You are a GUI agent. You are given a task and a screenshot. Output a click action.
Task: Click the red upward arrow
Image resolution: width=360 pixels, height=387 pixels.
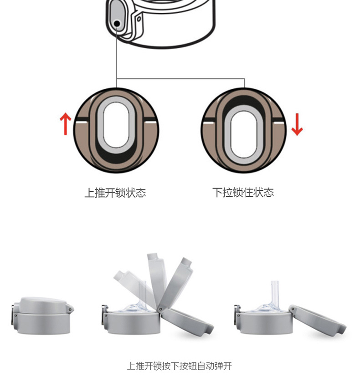pos(66,124)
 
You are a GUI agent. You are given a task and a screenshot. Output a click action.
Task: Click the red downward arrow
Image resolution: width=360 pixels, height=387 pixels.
pos(297,125)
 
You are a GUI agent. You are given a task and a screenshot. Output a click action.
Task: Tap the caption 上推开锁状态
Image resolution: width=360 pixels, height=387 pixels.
pos(115,193)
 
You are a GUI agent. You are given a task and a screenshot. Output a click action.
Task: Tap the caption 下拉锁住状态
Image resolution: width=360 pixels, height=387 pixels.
pos(243,193)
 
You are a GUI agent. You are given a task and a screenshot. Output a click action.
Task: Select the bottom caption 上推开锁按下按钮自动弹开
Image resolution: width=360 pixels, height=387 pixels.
pos(180,366)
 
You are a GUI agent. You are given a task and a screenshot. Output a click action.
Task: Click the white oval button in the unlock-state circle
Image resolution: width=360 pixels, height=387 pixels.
pos(116,125)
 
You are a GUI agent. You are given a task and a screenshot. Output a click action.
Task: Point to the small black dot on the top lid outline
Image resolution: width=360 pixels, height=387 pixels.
pos(117,23)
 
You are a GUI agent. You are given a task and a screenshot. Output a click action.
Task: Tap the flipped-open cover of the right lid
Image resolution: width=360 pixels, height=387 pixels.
pos(317,319)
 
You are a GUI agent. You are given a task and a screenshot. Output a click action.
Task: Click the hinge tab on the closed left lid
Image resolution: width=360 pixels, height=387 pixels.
pos(71,310)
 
